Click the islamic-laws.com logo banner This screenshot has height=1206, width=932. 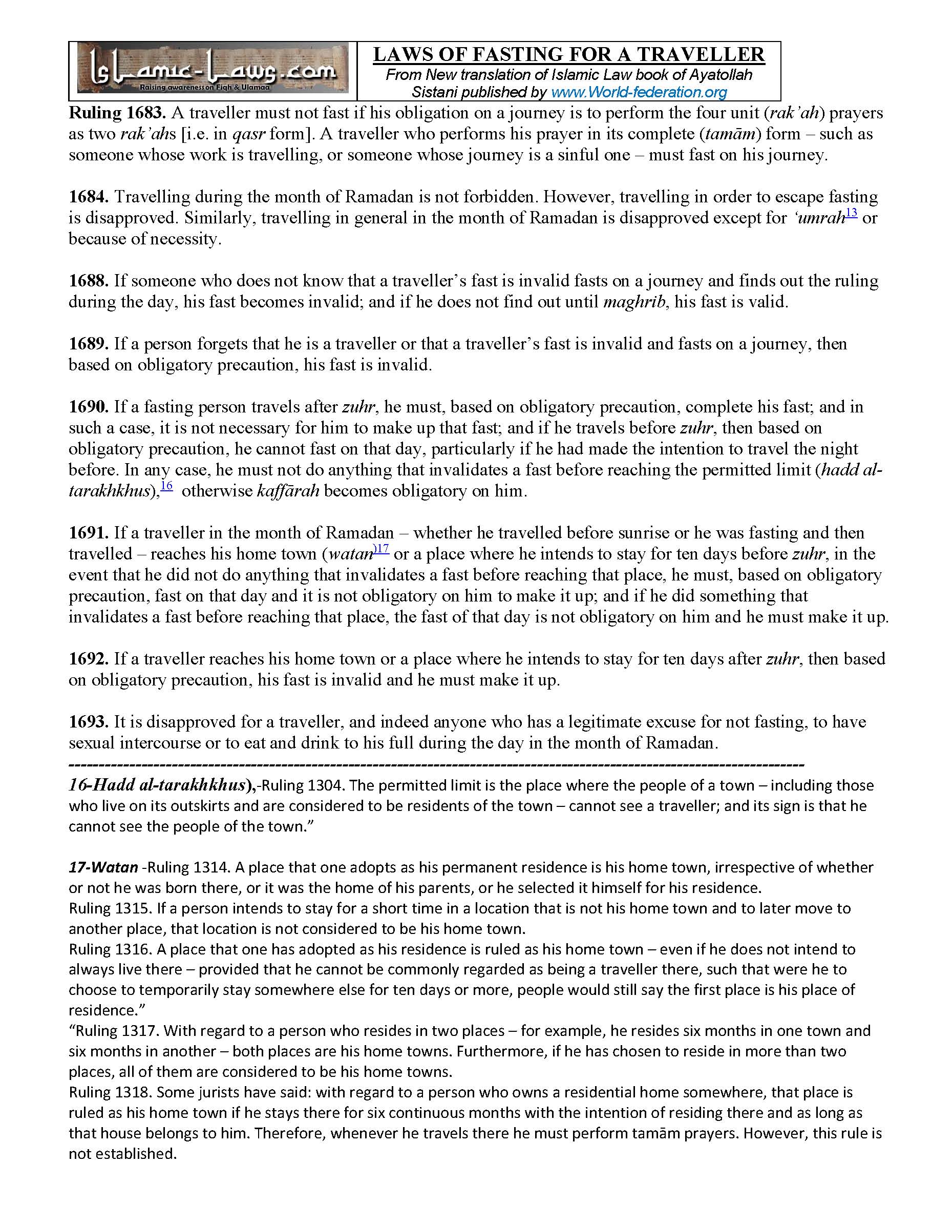point(213,71)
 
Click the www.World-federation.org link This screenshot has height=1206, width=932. point(639,92)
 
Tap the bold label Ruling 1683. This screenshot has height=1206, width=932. point(117,113)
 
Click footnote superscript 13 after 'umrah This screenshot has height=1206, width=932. point(851,213)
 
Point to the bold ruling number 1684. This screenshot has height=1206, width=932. point(89,197)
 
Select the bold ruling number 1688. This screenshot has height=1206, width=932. point(89,281)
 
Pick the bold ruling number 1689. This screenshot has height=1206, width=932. point(89,344)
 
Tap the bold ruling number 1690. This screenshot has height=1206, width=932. point(89,407)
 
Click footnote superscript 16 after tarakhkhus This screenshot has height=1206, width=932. point(166,486)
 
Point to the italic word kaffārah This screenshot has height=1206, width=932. point(288,491)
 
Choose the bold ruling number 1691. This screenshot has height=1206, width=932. point(89,533)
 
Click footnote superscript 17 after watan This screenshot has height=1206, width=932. point(383,549)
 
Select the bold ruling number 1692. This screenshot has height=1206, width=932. point(89,659)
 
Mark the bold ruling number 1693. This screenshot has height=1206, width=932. point(89,722)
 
